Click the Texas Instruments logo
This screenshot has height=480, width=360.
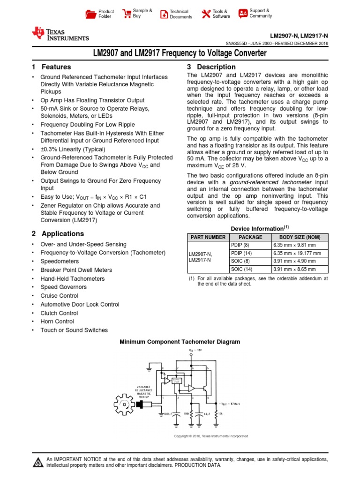point(60,33)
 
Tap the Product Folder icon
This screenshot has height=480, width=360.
point(90,14)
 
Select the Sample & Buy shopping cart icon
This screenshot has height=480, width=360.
point(126,14)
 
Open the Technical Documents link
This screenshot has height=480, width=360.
point(164,14)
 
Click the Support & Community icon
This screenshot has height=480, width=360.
point(243,14)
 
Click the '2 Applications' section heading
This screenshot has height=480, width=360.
point(58,233)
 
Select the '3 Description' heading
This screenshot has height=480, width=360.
point(211,67)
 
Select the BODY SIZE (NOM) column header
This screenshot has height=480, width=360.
point(298,237)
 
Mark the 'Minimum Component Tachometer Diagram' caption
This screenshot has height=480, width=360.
point(180,342)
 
